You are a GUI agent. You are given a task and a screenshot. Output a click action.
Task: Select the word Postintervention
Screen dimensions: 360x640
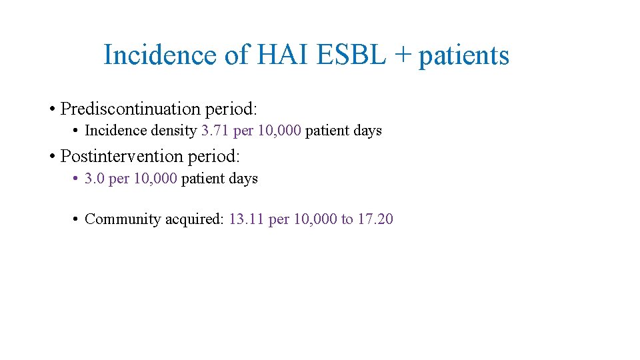click(x=121, y=157)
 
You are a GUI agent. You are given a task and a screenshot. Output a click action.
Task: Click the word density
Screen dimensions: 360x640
click(x=175, y=131)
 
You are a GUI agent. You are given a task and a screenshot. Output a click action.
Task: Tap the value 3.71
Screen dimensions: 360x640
click(x=215, y=131)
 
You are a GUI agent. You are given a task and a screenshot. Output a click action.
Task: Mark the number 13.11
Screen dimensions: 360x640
click(x=246, y=219)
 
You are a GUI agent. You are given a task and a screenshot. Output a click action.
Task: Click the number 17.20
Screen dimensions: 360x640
click(x=375, y=219)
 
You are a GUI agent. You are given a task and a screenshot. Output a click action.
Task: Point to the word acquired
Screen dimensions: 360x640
click(x=193, y=219)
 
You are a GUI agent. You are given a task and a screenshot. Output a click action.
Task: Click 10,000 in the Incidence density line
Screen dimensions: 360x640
click(x=279, y=131)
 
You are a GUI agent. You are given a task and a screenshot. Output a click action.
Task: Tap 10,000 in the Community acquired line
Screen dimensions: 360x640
click(x=315, y=219)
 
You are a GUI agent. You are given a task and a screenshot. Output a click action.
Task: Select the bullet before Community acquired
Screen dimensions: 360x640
click(x=77, y=219)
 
